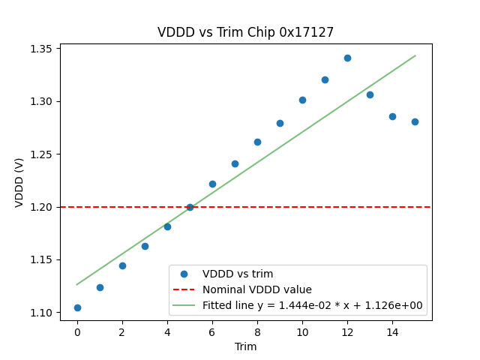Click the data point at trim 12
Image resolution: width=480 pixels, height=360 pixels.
pos(347,58)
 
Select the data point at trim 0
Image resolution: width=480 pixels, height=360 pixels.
pos(77,307)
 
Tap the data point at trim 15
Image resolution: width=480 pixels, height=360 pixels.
pos(415,121)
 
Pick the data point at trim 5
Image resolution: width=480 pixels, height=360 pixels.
pos(190,207)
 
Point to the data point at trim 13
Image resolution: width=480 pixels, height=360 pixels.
pos(370,94)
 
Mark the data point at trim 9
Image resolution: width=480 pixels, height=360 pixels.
pos(280,123)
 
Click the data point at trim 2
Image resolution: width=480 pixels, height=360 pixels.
pos(122,265)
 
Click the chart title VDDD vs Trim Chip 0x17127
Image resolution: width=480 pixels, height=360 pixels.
pos(245,32)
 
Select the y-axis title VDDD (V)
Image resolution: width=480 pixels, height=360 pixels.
pos(19,182)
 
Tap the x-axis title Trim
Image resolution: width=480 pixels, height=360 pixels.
pos(245,346)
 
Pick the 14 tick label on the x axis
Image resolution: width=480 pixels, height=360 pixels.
pos(392,331)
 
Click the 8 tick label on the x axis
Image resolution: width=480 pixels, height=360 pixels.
pos(257,331)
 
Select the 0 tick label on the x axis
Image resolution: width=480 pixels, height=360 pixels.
pos(77,331)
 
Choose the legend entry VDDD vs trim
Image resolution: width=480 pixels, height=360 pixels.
pos(237,274)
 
